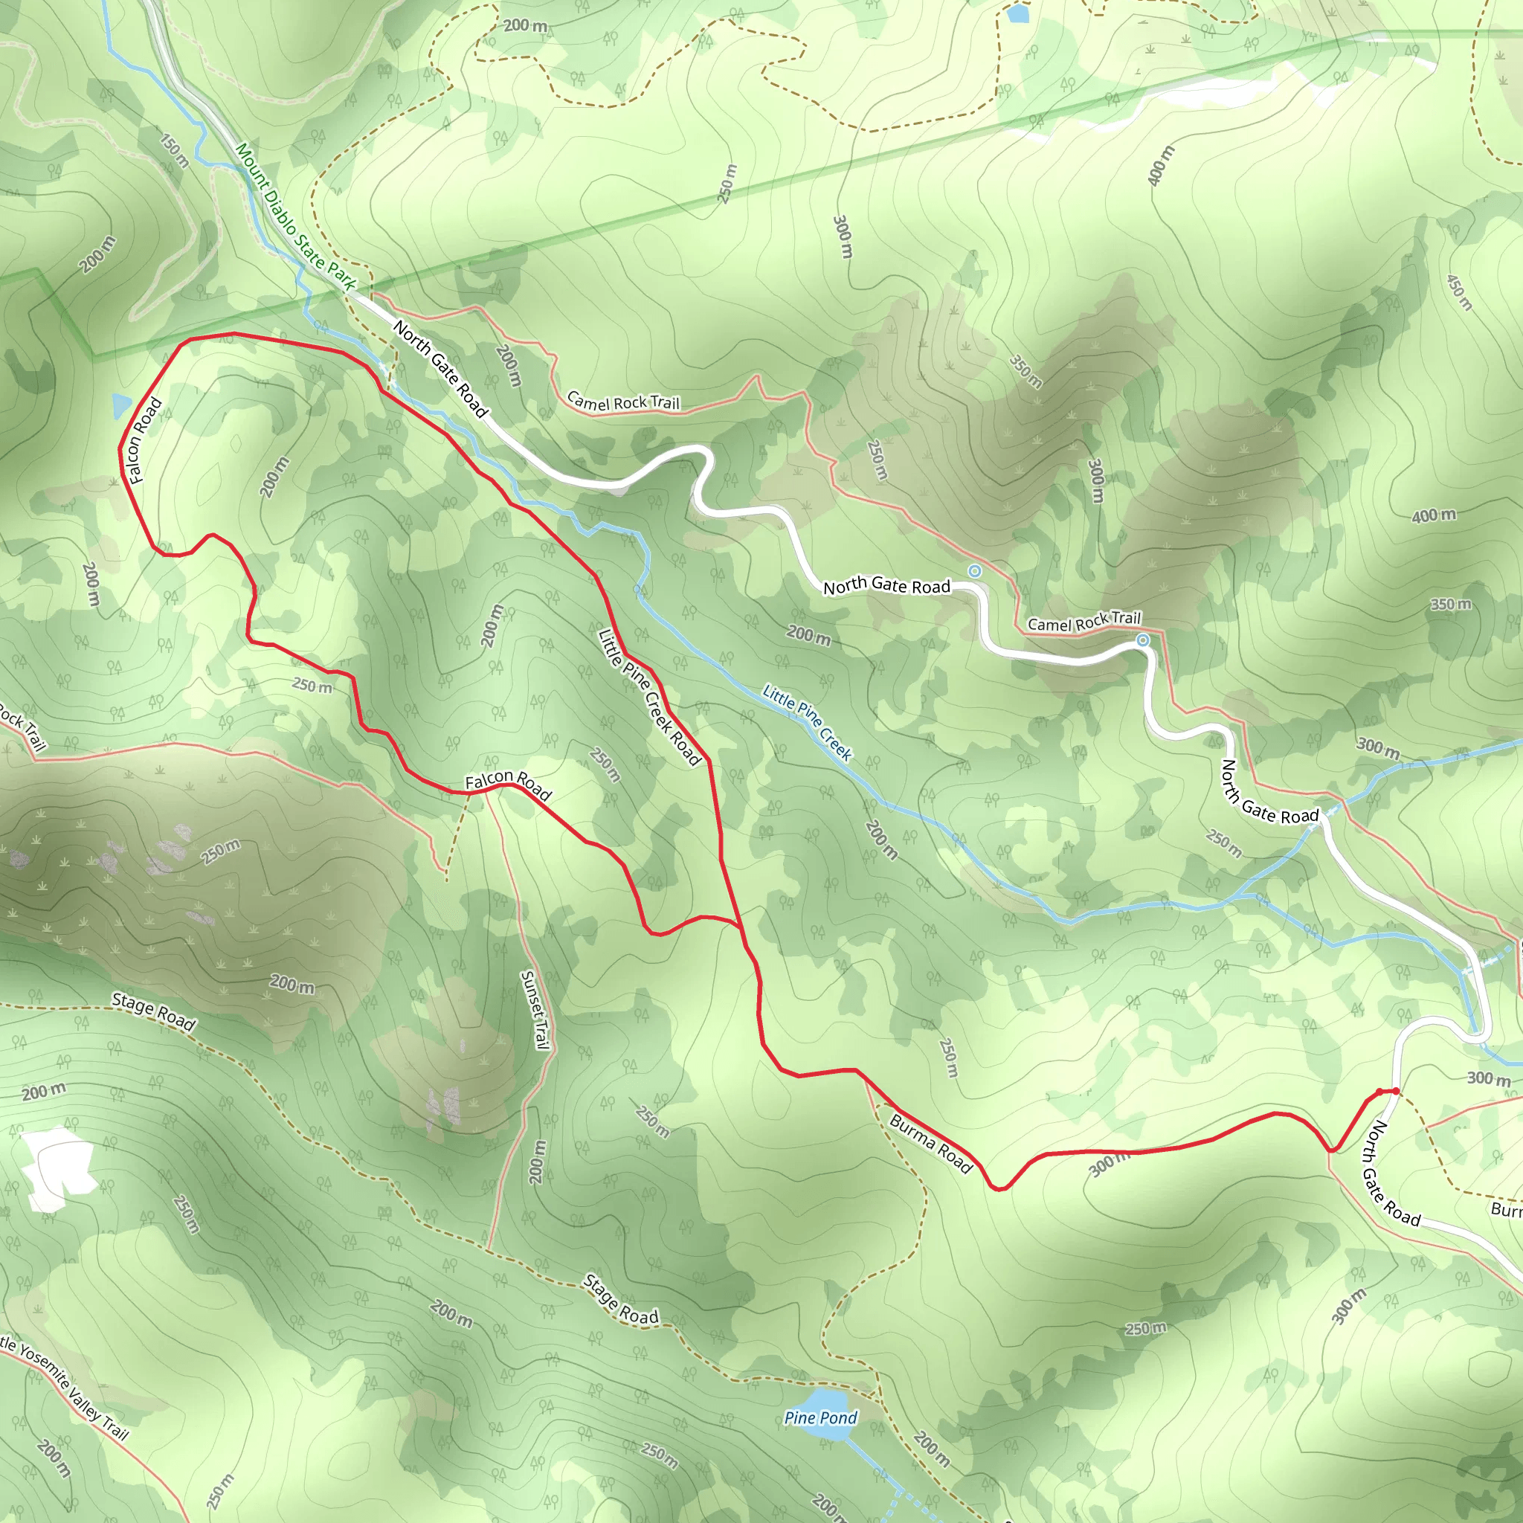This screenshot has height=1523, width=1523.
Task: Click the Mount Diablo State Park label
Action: pos(296,217)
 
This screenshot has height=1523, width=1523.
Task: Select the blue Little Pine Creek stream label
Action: pos(806,723)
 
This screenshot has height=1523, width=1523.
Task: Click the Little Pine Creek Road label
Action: pos(648,696)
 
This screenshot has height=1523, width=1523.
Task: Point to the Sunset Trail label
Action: pos(535,1010)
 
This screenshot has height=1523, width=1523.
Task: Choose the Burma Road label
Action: pos(930,1144)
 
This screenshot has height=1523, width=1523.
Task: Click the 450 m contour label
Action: pos(1459,292)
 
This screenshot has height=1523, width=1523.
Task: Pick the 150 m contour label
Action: pos(174,150)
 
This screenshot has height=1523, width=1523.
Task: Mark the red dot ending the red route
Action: pos(1395,1091)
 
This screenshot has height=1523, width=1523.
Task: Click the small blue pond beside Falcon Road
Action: pos(121,405)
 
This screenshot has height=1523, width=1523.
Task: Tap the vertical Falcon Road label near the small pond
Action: pos(145,441)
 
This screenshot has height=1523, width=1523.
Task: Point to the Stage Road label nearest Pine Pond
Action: pos(620,1299)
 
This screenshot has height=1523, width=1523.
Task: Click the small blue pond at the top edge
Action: pos(1018,13)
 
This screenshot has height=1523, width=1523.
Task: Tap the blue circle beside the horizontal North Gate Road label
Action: pos(974,570)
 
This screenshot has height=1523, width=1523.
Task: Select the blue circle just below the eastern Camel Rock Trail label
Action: pos(1142,641)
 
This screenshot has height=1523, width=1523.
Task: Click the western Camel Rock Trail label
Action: pos(622,402)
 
